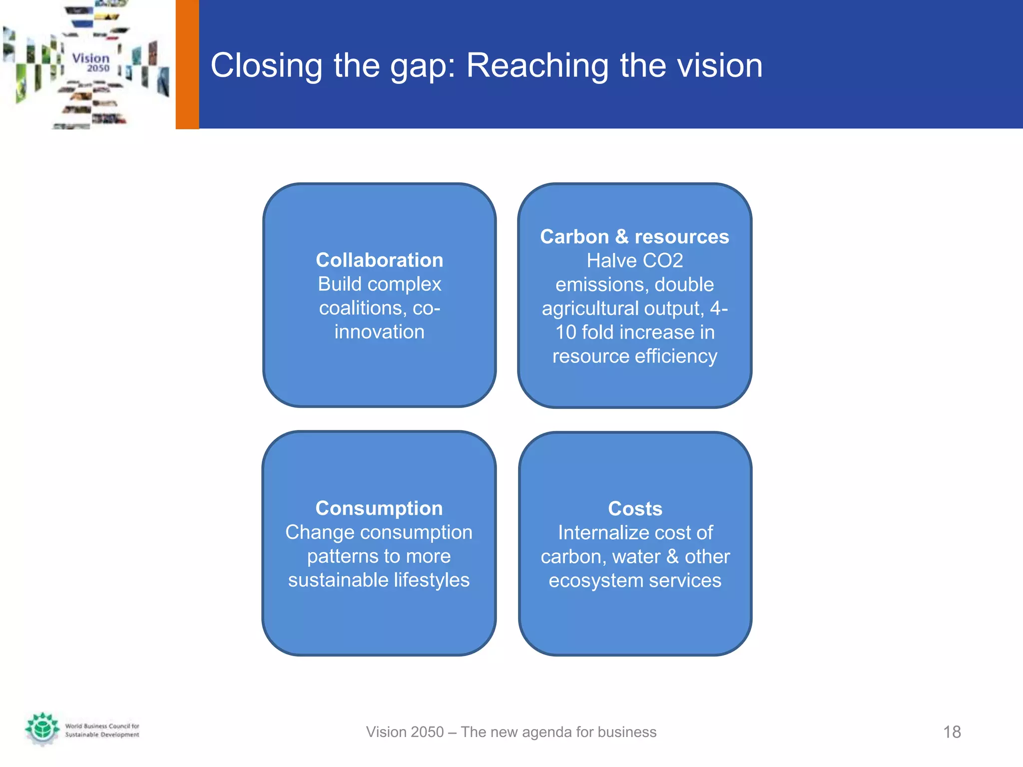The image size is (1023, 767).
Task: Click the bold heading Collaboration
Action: (379, 260)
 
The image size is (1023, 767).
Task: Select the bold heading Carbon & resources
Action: (634, 237)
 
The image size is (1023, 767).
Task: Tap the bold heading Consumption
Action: (379, 508)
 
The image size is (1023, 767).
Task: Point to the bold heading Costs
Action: (635, 509)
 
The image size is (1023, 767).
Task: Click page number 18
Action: (952, 732)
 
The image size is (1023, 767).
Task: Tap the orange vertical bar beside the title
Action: (187, 64)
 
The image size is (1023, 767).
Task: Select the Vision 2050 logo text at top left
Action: (91, 62)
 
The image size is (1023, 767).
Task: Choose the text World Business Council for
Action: (102, 726)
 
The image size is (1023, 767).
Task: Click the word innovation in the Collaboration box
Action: (379, 332)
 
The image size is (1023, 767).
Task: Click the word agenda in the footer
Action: (547, 733)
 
